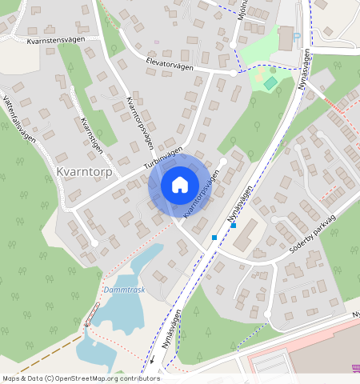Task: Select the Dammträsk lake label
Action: coord(124,290)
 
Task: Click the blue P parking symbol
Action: coord(297,36)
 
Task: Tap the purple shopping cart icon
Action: coord(355,368)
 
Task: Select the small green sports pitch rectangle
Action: coord(270,83)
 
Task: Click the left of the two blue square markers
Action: coord(214,238)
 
